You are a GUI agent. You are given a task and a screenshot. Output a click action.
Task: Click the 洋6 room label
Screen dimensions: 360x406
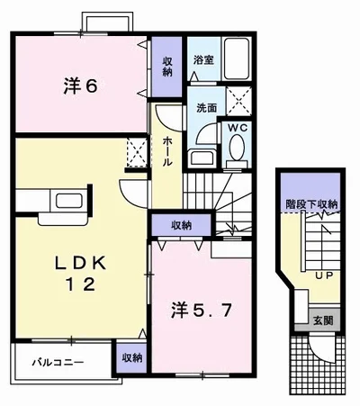click(x=80, y=86)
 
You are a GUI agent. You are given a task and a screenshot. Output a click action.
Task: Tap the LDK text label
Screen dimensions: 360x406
click(x=80, y=264)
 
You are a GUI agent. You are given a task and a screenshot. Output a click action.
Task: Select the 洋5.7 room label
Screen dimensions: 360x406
click(x=202, y=310)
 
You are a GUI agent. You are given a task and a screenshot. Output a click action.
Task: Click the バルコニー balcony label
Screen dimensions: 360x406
click(x=58, y=363)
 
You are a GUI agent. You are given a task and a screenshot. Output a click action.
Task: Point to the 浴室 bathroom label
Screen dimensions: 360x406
click(x=203, y=60)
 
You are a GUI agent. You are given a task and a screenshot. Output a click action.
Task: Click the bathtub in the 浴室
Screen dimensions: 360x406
click(x=237, y=59)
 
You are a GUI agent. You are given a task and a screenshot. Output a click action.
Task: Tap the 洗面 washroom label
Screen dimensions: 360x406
click(x=206, y=108)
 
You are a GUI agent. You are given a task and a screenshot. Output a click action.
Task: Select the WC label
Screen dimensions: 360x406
click(x=238, y=128)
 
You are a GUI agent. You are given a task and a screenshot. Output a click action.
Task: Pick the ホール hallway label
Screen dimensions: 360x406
click(x=167, y=151)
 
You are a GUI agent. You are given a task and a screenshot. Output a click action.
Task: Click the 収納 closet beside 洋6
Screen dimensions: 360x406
click(x=167, y=67)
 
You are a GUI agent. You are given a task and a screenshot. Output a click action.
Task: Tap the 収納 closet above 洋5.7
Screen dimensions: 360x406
click(x=182, y=225)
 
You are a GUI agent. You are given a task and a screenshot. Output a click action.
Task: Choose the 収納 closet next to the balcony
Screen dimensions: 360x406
click(x=131, y=357)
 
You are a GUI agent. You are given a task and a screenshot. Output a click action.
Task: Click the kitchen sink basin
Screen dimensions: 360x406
click(x=69, y=201)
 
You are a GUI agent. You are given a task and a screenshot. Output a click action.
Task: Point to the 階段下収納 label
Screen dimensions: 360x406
click(x=311, y=204)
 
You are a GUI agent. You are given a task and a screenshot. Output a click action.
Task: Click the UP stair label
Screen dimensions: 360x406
click(x=324, y=275)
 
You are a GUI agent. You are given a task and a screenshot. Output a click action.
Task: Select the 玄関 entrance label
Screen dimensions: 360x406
click(x=323, y=320)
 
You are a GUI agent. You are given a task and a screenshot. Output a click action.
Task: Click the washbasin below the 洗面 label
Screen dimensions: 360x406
click(x=202, y=158)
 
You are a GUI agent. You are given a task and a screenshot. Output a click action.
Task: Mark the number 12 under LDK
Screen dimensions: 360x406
click(x=80, y=284)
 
